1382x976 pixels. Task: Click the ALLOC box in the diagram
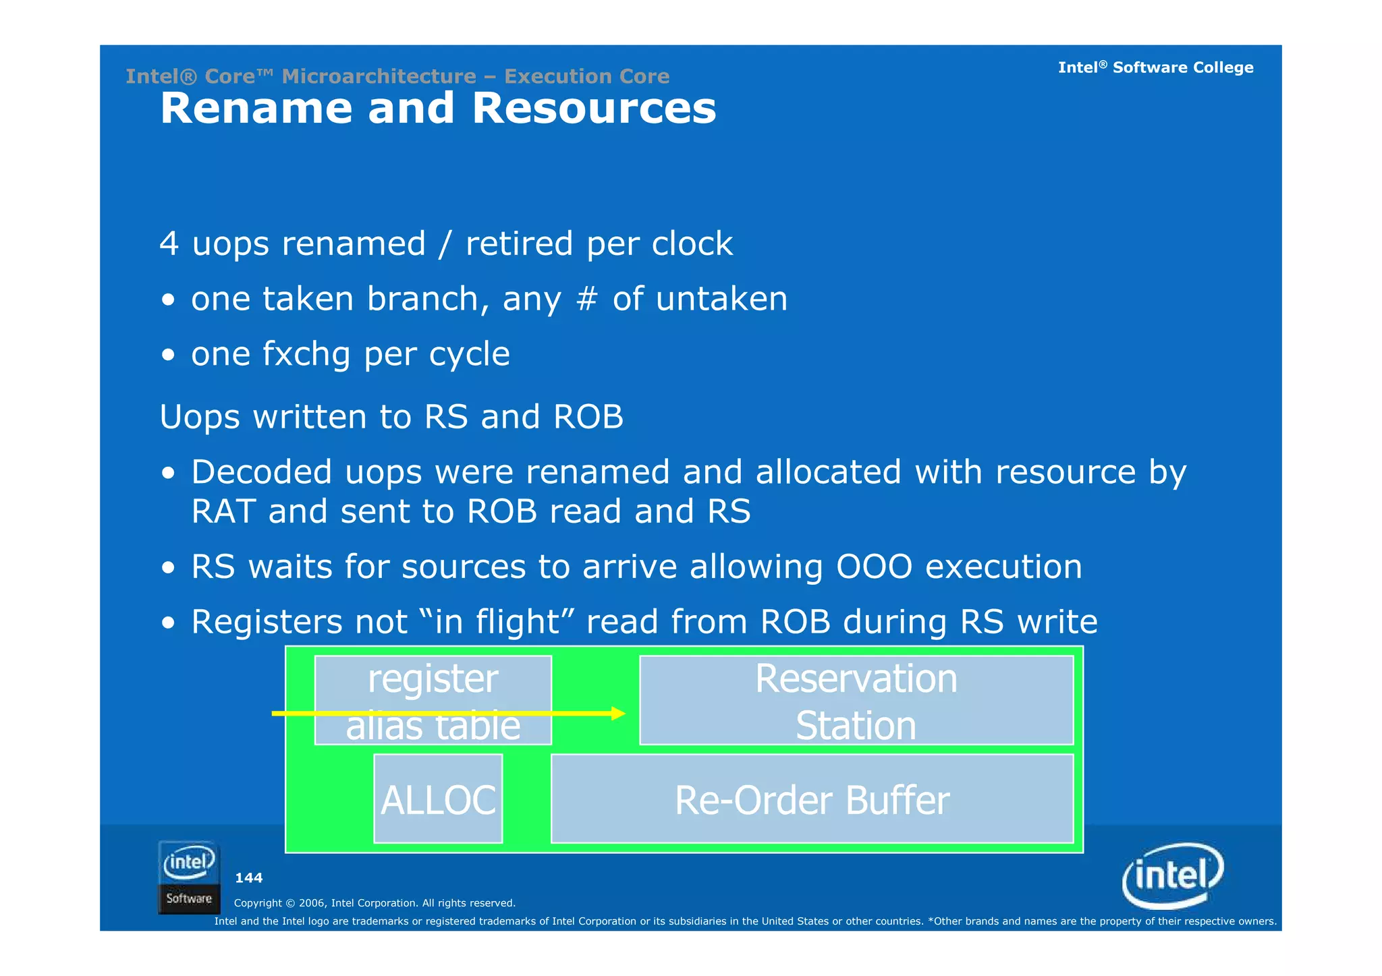pyautogui.click(x=438, y=799)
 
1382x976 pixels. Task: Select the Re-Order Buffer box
pyautogui.click(x=812, y=799)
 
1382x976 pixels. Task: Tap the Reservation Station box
pyautogui.click(x=856, y=700)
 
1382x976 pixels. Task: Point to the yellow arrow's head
pyautogui.click(x=619, y=713)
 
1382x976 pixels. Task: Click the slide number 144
pyautogui.click(x=248, y=878)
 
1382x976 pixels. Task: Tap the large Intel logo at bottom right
pyautogui.click(x=1173, y=875)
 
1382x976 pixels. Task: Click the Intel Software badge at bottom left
pyautogui.click(x=189, y=877)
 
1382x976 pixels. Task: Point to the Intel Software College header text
pyautogui.click(x=1155, y=67)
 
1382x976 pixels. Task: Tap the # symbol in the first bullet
pyautogui.click(x=586, y=299)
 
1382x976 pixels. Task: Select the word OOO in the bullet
pyautogui.click(x=875, y=567)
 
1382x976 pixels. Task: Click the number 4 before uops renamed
pyautogui.click(x=169, y=243)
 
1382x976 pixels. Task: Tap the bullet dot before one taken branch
pyautogui.click(x=169, y=300)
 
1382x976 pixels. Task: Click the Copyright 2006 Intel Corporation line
pyautogui.click(x=375, y=902)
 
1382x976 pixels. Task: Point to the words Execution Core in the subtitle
pyautogui.click(x=587, y=76)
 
